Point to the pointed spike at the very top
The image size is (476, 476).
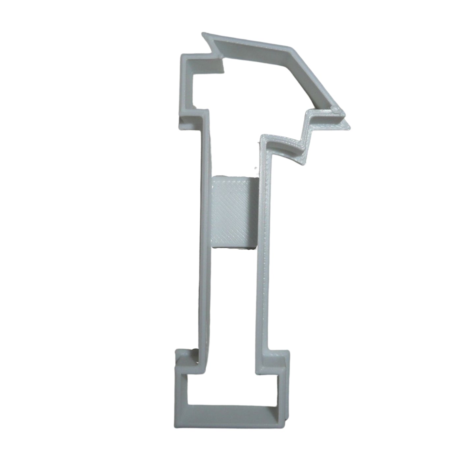point(204,34)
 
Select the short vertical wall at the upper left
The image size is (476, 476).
point(185,89)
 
